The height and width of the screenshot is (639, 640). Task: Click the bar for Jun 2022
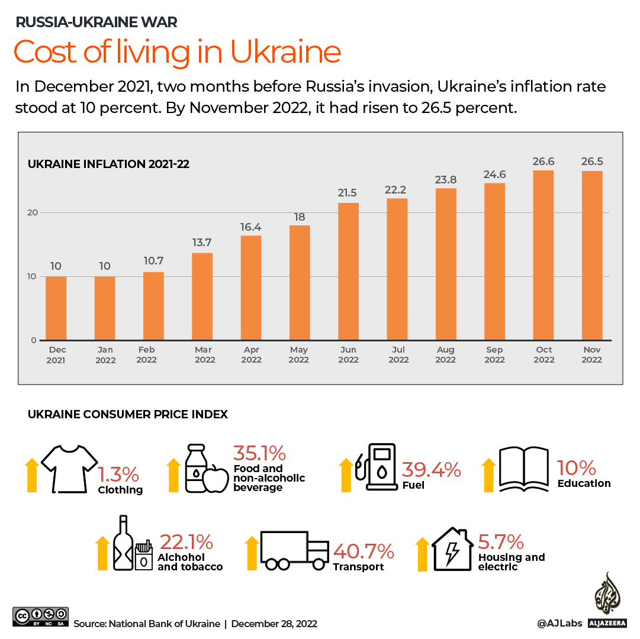click(348, 272)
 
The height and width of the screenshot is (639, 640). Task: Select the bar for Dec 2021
click(56, 308)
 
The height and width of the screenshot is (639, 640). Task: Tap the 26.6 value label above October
click(543, 162)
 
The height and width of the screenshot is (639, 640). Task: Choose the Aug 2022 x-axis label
click(446, 354)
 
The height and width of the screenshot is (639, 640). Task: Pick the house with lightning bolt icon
click(452, 550)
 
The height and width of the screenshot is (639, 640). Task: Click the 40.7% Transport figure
click(364, 551)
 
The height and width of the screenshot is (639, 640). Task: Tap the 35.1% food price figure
click(259, 454)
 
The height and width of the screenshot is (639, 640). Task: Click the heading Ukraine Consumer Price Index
click(128, 415)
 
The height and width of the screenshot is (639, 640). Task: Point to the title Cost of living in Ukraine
click(177, 51)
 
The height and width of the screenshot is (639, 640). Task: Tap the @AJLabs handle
click(559, 623)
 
